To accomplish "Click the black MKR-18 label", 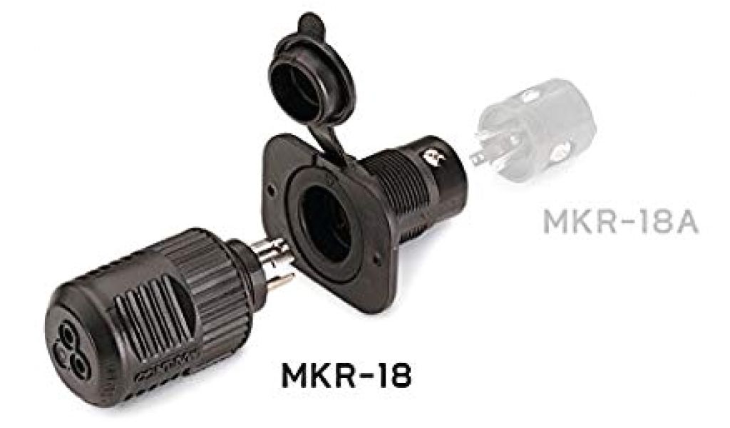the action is click(x=346, y=375).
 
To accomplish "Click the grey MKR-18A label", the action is click(x=621, y=223).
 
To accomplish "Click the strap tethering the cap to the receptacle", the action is click(x=334, y=140).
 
